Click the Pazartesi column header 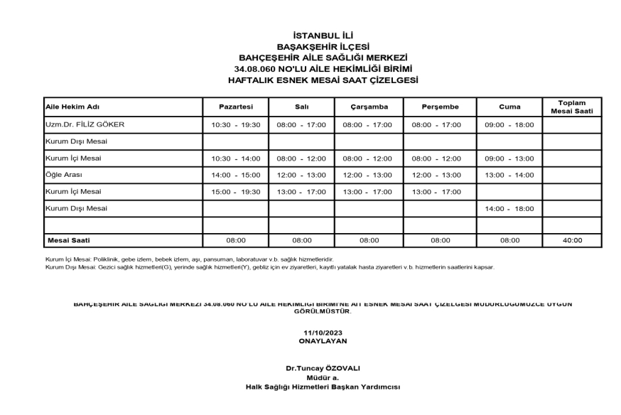point(236,107)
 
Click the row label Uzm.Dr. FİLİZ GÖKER point(85,124)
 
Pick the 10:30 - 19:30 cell point(236,124)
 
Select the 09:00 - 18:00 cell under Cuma point(509,124)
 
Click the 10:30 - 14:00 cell point(236,158)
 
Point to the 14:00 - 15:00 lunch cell point(236,174)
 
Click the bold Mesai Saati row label point(68,241)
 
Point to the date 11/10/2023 point(323,333)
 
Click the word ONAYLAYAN point(323,341)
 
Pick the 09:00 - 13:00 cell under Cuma point(509,158)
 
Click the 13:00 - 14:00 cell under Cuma point(509,174)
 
